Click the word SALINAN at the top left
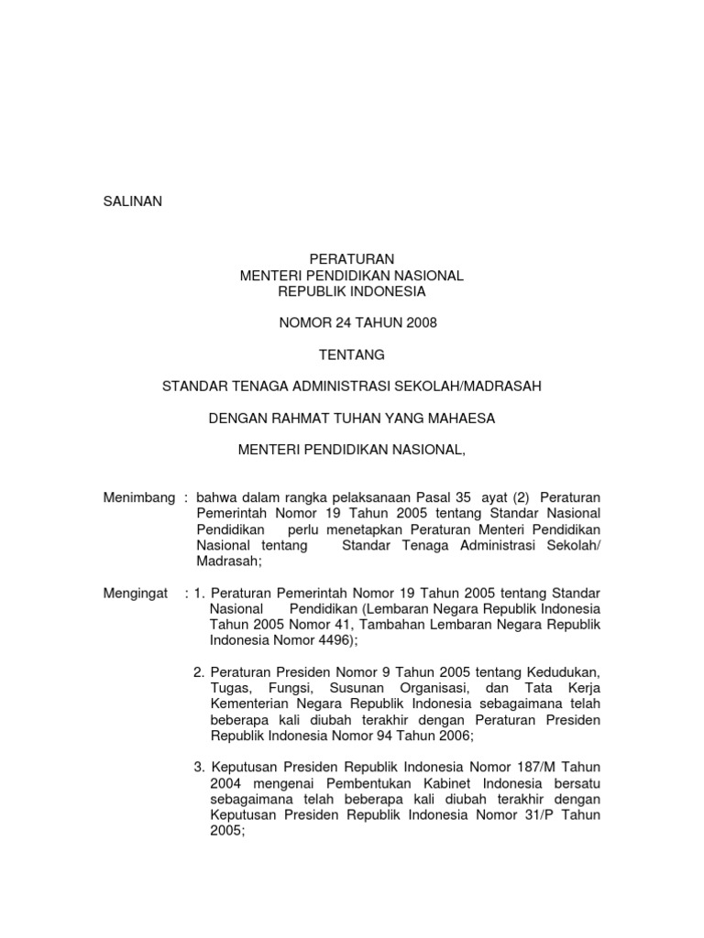pyautogui.click(x=132, y=202)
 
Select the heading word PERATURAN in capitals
pyautogui.click(x=352, y=260)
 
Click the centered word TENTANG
pyautogui.click(x=352, y=354)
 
